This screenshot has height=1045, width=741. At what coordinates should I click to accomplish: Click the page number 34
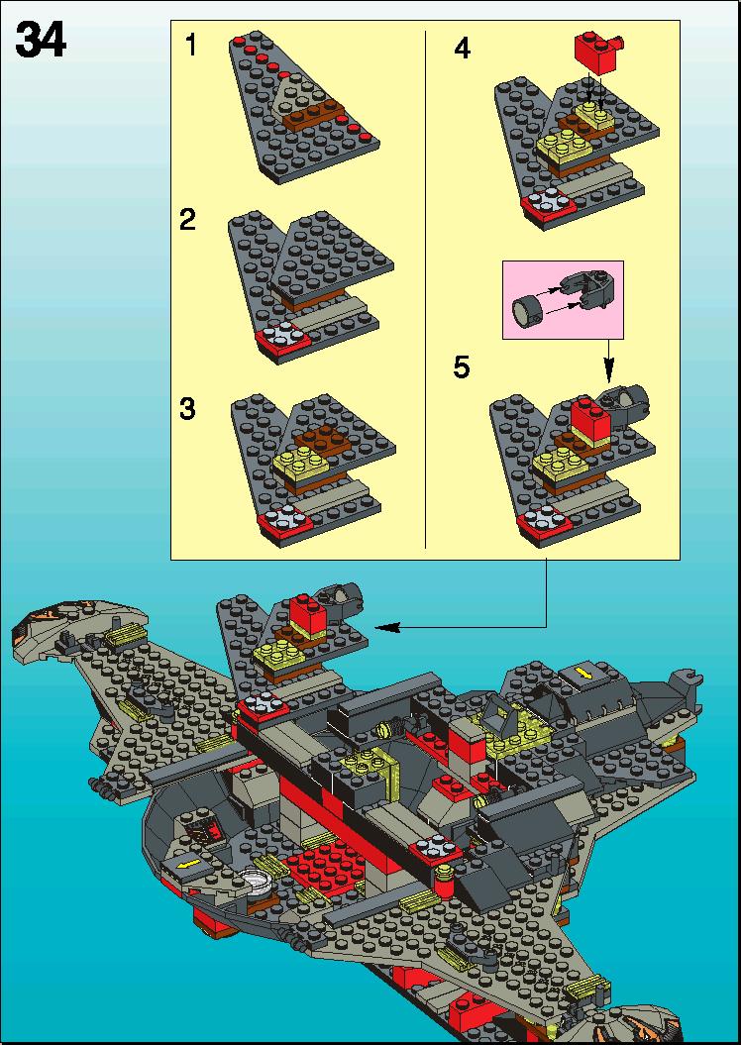(41, 40)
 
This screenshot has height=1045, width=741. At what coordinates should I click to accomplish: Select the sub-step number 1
(191, 46)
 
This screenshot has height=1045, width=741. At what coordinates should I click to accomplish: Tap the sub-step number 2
(188, 219)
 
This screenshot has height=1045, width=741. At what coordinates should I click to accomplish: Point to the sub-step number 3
(188, 408)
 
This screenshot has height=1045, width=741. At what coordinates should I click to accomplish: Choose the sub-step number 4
(462, 48)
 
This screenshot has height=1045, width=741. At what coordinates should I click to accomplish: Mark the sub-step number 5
(462, 366)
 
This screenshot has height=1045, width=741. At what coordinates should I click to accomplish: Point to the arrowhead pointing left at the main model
(387, 627)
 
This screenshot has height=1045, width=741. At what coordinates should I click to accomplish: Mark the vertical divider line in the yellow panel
(425, 288)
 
